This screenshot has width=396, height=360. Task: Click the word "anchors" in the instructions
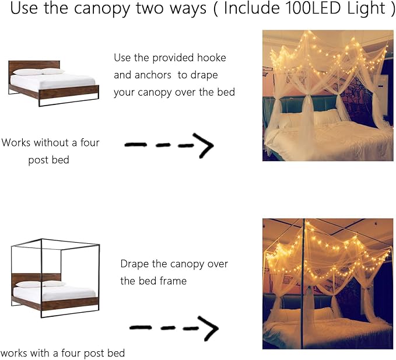coord(155,75)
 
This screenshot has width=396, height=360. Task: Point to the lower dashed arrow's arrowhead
coord(209,330)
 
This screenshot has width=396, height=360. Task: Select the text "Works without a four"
coord(50,142)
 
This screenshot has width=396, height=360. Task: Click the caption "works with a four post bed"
coord(62,353)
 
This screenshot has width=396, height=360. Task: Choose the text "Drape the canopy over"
coord(174,264)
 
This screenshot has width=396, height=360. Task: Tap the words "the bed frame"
coord(153,281)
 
